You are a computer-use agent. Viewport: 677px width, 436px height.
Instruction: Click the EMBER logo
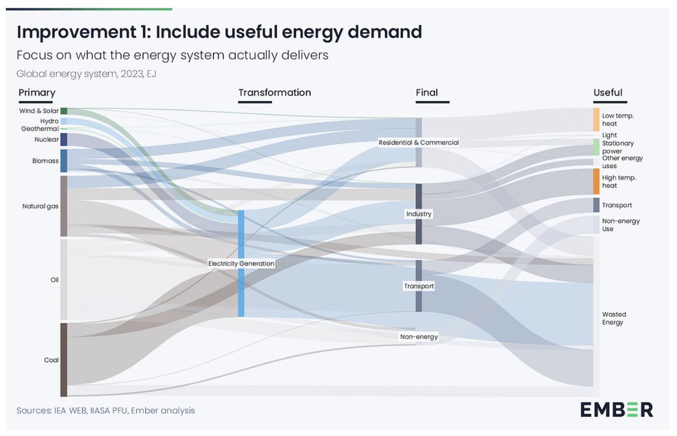[x=617, y=409]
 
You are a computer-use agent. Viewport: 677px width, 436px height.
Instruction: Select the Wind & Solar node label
[x=38, y=111]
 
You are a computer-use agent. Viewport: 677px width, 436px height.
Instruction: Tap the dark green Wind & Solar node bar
[x=64, y=111]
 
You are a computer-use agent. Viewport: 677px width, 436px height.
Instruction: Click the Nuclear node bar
[x=64, y=139]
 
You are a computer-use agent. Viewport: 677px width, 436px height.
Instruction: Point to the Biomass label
[x=45, y=161]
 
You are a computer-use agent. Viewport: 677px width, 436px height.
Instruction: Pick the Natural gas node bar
[x=64, y=206]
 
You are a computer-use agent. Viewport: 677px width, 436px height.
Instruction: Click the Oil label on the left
[x=54, y=280]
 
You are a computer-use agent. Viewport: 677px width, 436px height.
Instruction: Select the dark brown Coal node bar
[x=64, y=360]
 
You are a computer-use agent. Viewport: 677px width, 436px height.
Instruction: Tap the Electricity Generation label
[x=241, y=264]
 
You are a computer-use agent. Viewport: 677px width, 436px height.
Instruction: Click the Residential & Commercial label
[x=419, y=143]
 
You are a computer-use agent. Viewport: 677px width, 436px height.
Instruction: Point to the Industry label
[x=419, y=214]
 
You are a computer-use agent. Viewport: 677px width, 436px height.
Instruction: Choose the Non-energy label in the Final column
[x=419, y=337]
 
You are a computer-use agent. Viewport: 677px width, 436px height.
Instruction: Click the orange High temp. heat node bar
[x=596, y=181]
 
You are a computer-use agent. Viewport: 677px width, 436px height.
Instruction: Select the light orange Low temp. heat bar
[x=596, y=119]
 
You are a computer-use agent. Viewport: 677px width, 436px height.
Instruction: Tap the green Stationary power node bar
[x=596, y=147]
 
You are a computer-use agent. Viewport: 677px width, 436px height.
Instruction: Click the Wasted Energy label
[x=613, y=319]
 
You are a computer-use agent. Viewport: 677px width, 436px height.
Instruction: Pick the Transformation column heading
[x=274, y=93]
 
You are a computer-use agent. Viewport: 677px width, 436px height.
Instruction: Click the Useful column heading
[x=608, y=93]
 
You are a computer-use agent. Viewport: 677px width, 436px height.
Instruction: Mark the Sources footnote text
[x=105, y=411]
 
